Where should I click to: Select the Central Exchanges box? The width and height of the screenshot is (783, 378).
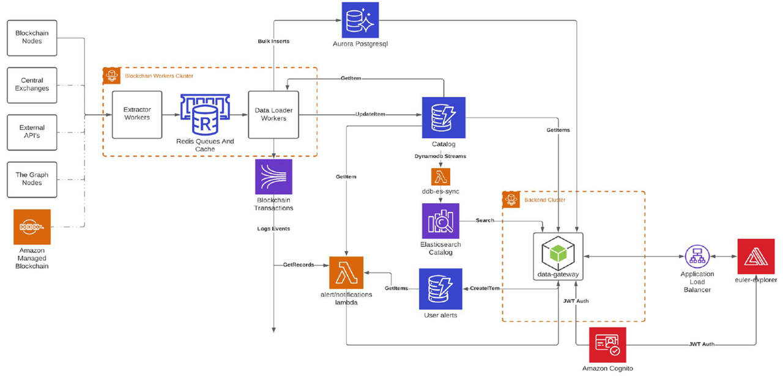(x=32, y=85)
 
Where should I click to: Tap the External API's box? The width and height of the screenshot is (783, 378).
(x=32, y=132)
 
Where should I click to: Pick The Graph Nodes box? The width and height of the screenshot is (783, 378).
(x=32, y=179)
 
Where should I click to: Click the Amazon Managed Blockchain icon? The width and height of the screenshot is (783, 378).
(x=32, y=227)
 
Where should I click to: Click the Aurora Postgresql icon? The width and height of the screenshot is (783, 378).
(x=360, y=20)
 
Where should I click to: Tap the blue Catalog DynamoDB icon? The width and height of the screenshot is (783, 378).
(x=443, y=118)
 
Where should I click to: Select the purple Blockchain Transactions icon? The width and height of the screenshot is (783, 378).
(x=273, y=177)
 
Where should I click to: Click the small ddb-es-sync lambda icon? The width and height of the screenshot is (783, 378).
(x=440, y=176)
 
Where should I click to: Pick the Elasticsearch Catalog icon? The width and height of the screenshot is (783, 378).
(x=440, y=221)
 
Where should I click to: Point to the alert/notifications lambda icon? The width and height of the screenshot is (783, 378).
(x=347, y=272)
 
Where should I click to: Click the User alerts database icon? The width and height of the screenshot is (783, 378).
(x=440, y=289)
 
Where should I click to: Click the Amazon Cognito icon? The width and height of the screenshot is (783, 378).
(x=607, y=345)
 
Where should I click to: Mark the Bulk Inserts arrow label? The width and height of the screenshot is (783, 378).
(x=273, y=42)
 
